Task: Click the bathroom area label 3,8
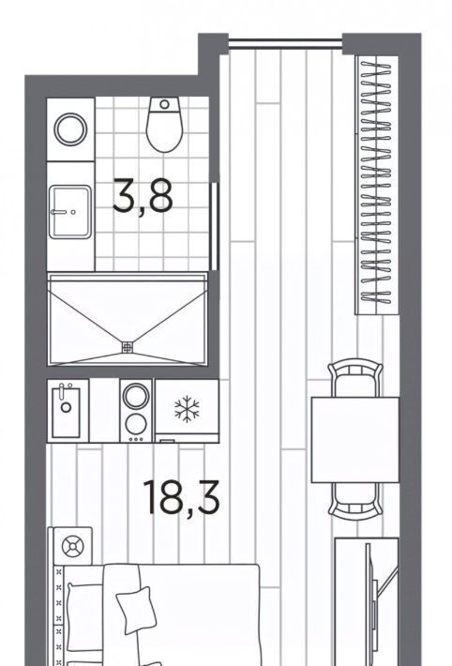pyautogui.click(x=143, y=196)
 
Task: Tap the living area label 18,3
pyautogui.click(x=181, y=497)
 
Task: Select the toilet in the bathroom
pyautogui.click(x=164, y=125)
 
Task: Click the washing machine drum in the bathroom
pyautogui.click(x=70, y=129)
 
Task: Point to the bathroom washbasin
pyautogui.click(x=70, y=211)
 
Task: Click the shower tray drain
pyautogui.click(x=127, y=347)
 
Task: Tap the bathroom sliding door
pyautogui.click(x=215, y=226)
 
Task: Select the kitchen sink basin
pyautogui.click(x=66, y=411)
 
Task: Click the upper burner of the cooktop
pyautogui.click(x=136, y=397)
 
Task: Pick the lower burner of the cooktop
pyautogui.click(x=136, y=423)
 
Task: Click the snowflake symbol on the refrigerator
pyautogui.click(x=187, y=409)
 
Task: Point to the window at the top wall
pyautogui.click(x=285, y=43)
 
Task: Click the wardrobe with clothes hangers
pyautogui.click(x=377, y=185)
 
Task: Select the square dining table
pyautogui.click(x=355, y=440)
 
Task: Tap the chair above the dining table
pyautogui.click(x=355, y=378)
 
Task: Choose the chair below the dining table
pyautogui.click(x=355, y=501)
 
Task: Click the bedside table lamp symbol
pyautogui.click(x=72, y=546)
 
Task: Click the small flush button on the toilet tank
pyautogui.click(x=164, y=104)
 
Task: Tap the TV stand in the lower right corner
pyautogui.click(x=367, y=601)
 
